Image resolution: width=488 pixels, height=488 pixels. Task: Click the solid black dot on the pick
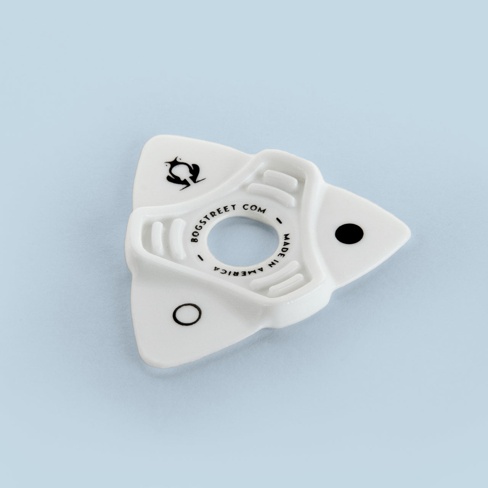pos(349,234)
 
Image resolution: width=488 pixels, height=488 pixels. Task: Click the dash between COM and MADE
pos(280,220)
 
